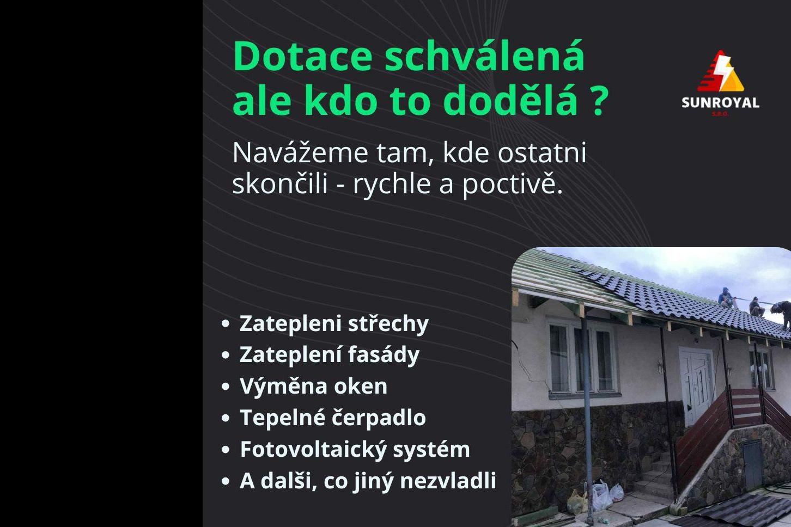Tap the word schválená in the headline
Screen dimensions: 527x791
click(x=484, y=57)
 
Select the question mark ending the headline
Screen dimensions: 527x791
click(x=599, y=101)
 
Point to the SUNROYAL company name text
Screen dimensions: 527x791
click(x=720, y=103)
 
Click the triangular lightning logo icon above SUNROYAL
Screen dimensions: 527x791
click(x=720, y=72)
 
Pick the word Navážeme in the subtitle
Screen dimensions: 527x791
click(x=300, y=153)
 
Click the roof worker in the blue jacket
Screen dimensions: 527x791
click(x=725, y=298)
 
